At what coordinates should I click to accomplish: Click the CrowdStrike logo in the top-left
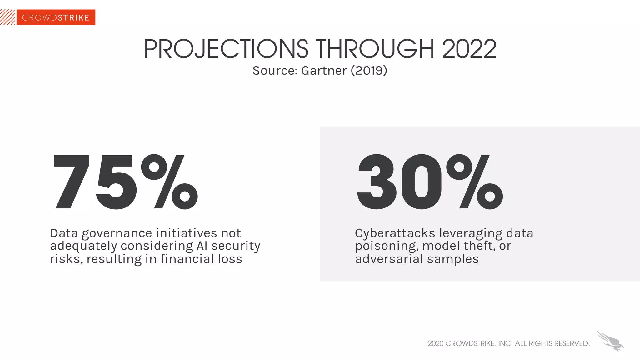[56, 17]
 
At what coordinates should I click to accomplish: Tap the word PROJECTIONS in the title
[226, 49]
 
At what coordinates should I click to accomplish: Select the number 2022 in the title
[469, 49]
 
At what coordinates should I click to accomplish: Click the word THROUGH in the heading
[375, 49]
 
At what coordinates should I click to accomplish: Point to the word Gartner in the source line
[324, 71]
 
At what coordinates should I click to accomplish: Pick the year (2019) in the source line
[369, 71]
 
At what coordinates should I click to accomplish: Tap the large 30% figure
[430, 182]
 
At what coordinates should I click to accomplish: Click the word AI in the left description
[202, 246]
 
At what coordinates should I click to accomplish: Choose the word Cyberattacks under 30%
[395, 234]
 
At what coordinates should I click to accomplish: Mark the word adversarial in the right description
[389, 259]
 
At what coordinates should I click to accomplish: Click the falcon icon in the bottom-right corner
[610, 341]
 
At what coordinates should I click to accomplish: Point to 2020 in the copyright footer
[436, 343]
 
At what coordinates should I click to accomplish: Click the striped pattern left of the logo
[7, 17]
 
